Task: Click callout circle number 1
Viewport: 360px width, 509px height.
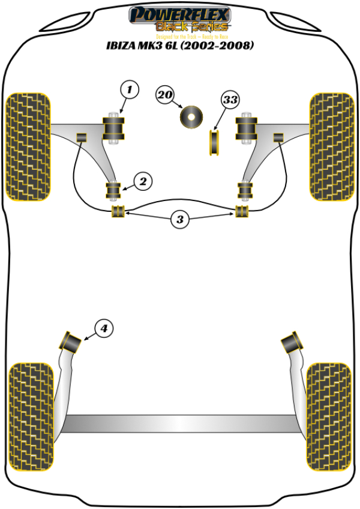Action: tap(129, 91)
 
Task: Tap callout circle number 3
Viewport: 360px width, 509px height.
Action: tap(179, 220)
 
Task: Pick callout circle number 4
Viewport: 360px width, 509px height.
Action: tap(103, 328)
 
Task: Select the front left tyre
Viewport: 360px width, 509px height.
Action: tap(28, 146)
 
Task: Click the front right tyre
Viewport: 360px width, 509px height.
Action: tap(332, 146)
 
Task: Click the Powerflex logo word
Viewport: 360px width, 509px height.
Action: tap(180, 13)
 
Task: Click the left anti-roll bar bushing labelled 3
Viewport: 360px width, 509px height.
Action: tap(118, 211)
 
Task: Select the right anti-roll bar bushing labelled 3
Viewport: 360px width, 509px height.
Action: tap(242, 211)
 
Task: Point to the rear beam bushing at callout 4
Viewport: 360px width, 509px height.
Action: tap(71, 342)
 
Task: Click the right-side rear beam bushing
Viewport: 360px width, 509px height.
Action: tap(292, 342)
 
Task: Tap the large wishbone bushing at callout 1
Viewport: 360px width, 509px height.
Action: tap(115, 128)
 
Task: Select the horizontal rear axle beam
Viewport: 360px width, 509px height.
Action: tap(180, 423)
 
